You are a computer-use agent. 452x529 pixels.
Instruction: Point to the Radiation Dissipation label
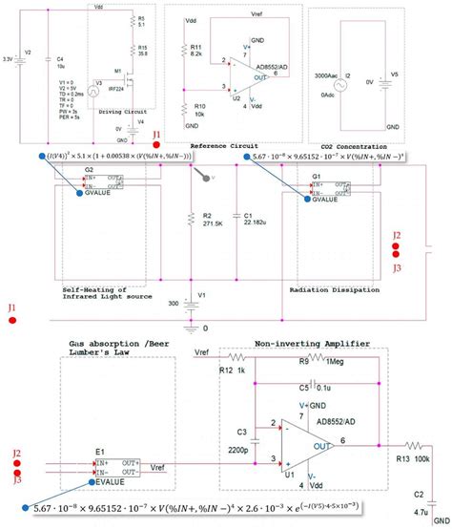322,286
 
